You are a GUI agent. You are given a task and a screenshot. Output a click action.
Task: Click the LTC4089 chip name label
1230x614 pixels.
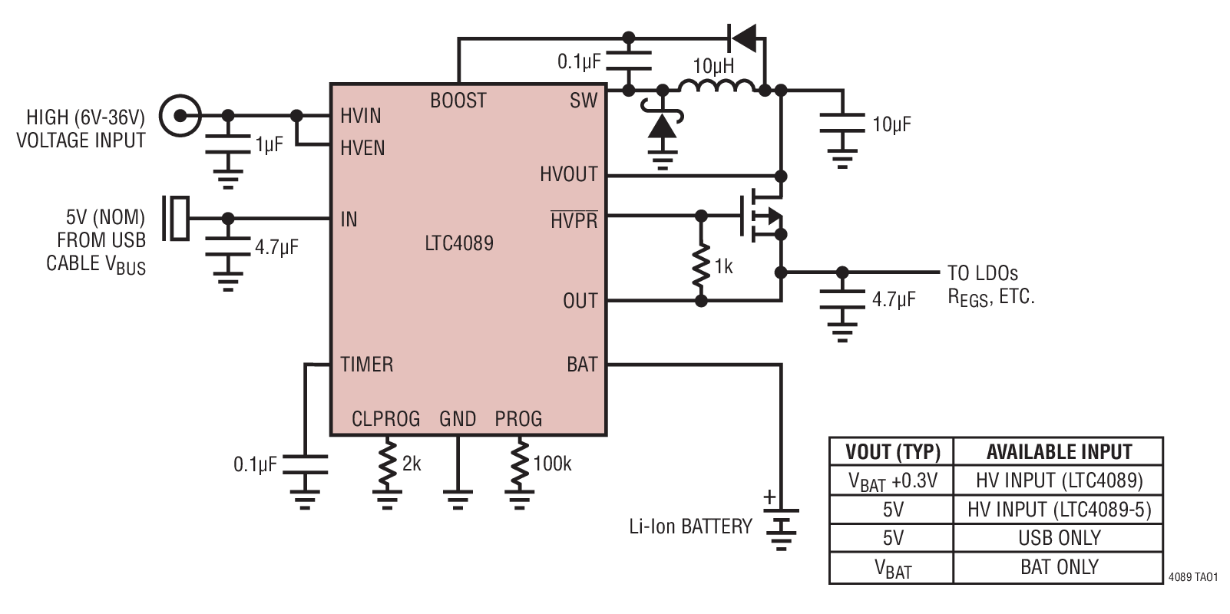pyautogui.click(x=459, y=243)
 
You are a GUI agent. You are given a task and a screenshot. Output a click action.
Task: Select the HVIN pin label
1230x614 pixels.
pyautogui.click(x=361, y=116)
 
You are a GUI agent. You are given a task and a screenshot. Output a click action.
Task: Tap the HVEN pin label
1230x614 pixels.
pyautogui.click(x=362, y=147)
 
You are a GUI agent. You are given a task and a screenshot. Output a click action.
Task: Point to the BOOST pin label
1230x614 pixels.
pyautogui.click(x=458, y=101)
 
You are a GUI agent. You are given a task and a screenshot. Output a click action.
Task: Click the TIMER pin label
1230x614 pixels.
pyautogui.click(x=367, y=364)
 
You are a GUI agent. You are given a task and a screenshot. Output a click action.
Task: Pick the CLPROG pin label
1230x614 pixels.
pyautogui.click(x=385, y=419)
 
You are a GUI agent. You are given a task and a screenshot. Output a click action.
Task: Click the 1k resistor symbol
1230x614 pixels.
pyautogui.click(x=701, y=265)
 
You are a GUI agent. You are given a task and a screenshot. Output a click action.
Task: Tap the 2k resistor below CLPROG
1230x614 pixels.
pyautogui.click(x=387, y=464)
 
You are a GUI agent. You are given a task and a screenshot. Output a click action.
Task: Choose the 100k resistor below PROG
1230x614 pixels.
pyautogui.click(x=520, y=464)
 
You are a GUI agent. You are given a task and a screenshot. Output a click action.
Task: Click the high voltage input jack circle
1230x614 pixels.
pyautogui.click(x=180, y=116)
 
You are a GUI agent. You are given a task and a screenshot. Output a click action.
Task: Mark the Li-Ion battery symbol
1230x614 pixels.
pyautogui.click(x=781, y=527)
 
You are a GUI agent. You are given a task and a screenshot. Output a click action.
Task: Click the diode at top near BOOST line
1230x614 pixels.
pyautogui.click(x=742, y=36)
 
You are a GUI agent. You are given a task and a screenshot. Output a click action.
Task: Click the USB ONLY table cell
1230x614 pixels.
pyautogui.click(x=1058, y=538)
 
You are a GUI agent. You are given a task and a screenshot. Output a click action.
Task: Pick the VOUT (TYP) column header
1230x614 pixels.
pyautogui.click(x=891, y=451)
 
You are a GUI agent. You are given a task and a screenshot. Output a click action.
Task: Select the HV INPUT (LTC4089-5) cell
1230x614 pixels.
pyautogui.click(x=1058, y=510)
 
